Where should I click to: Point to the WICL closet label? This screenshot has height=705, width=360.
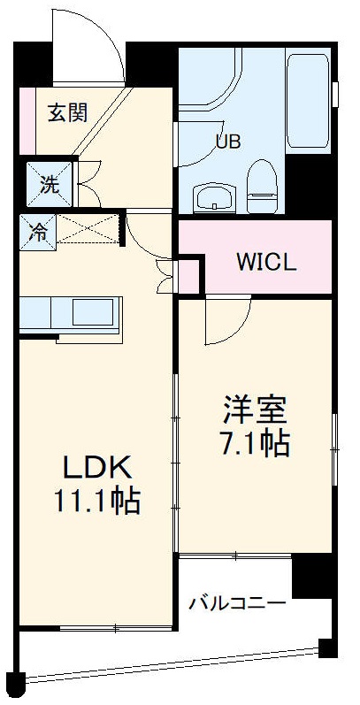point(265,264)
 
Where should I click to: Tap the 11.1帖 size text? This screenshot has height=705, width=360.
point(96,502)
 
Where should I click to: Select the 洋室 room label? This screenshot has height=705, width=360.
point(255,410)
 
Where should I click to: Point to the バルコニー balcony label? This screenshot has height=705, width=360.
point(237,604)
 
